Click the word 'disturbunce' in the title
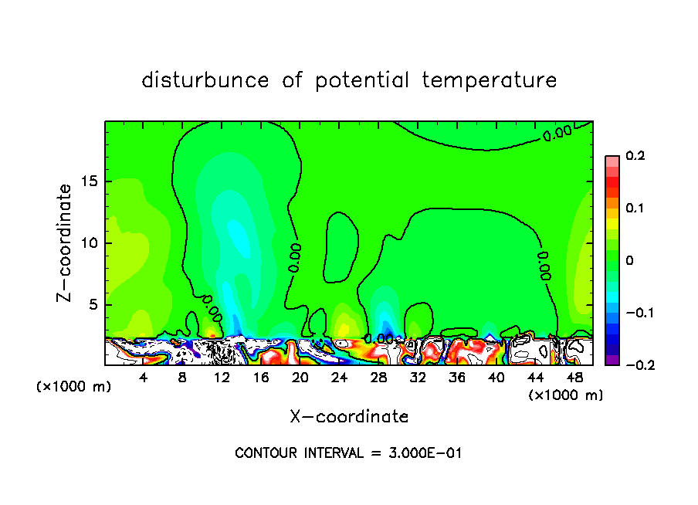click(x=205, y=80)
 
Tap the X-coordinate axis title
click(x=349, y=417)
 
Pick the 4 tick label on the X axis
click(x=144, y=378)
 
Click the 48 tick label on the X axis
click(x=574, y=378)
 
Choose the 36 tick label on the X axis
click(x=457, y=378)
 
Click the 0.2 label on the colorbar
click(x=634, y=156)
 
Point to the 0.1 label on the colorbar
click(x=634, y=208)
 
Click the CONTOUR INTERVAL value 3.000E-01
click(x=426, y=453)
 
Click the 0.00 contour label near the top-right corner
click(x=557, y=133)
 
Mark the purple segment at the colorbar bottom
click(x=612, y=359)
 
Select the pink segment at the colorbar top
click(x=612, y=161)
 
